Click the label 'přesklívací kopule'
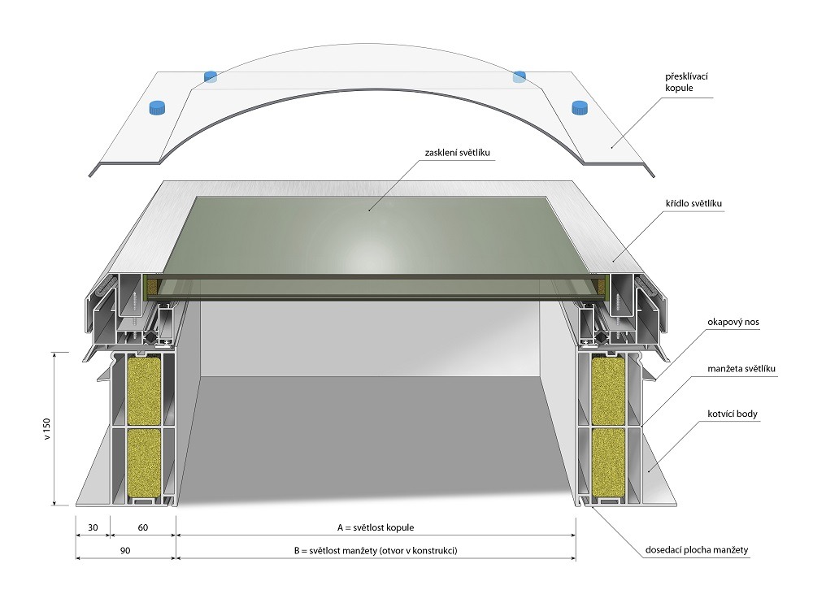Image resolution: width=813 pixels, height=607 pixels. [686, 82]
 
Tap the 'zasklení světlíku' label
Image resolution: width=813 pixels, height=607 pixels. [457, 153]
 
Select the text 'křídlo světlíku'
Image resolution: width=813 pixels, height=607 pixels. [693, 203]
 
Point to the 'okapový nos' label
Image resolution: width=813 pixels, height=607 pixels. [733, 322]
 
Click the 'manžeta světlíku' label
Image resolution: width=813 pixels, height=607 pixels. [741, 369]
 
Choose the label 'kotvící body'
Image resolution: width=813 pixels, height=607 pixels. [733, 414]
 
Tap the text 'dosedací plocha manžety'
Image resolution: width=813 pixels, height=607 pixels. [697, 550]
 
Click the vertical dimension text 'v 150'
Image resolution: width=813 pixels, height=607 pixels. [48, 428]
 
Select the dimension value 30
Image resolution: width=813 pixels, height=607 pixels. [93, 527]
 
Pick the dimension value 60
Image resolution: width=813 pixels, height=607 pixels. [142, 527]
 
